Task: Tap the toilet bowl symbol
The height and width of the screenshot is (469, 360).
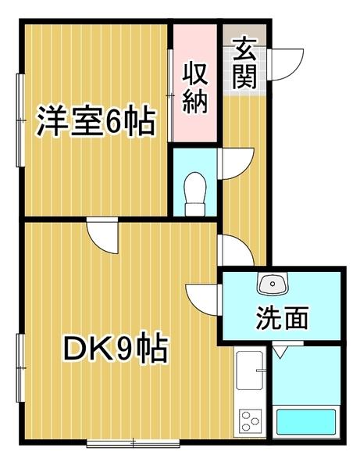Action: click(x=196, y=190)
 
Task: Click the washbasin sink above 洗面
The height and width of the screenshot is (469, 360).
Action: click(x=273, y=283)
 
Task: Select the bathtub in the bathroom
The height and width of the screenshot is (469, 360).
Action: click(x=307, y=422)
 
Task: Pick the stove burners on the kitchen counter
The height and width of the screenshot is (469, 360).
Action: click(x=251, y=421)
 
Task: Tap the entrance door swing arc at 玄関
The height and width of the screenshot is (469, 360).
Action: click(x=289, y=62)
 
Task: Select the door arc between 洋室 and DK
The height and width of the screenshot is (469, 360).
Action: click(x=102, y=235)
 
